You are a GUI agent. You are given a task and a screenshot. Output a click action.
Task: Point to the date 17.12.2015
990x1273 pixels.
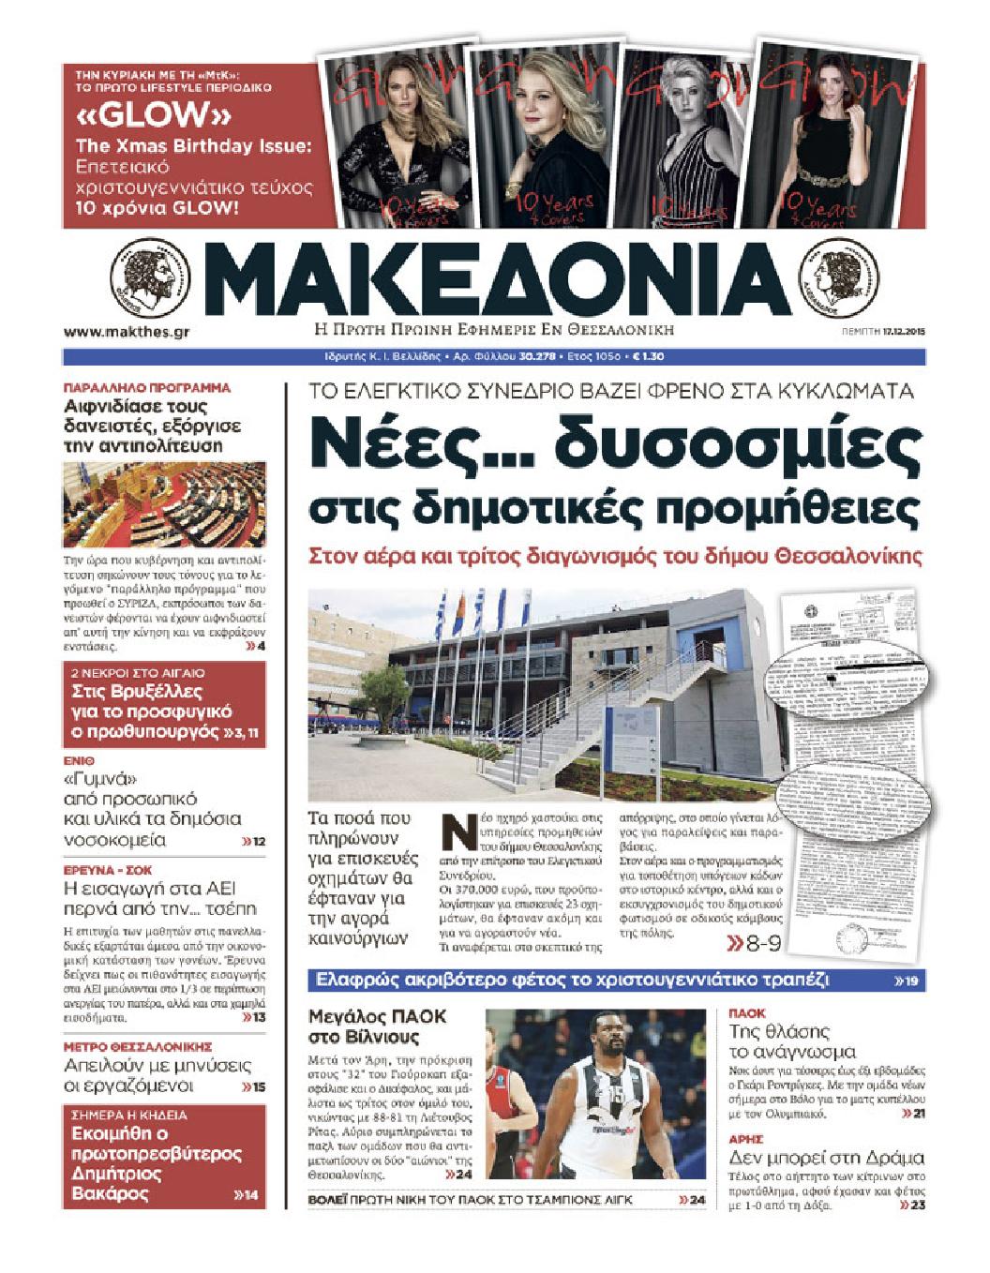904,332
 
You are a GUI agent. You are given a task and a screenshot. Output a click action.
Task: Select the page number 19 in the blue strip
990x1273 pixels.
910,981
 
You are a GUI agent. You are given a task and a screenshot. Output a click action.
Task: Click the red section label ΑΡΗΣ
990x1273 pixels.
747,1138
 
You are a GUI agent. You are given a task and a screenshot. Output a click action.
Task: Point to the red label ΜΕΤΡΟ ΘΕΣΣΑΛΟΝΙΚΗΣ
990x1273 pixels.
137,1046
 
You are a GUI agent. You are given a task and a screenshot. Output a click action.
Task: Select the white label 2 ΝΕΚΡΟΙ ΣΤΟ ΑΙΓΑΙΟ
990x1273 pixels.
138,673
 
